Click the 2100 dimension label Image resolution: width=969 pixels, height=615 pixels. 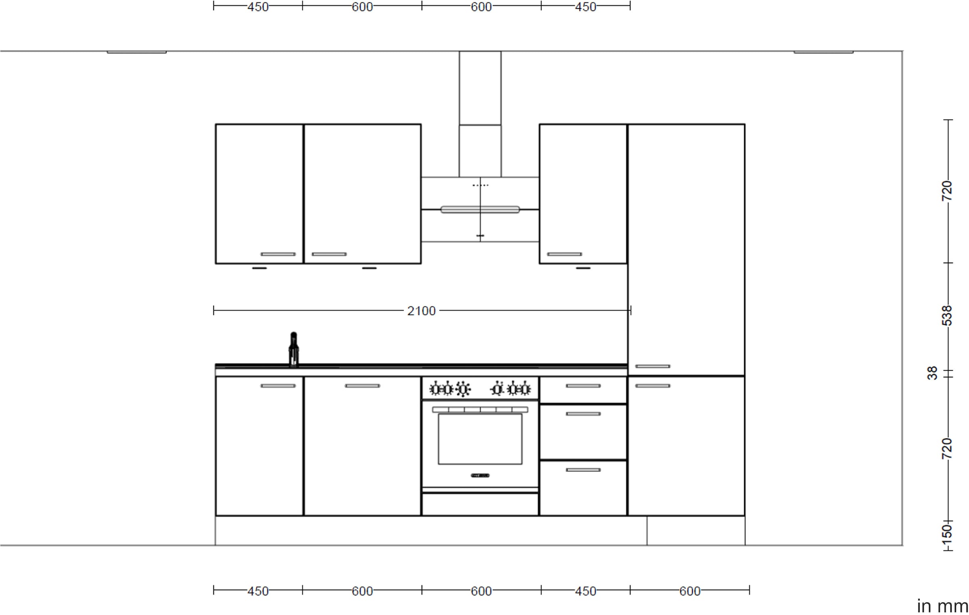(421, 311)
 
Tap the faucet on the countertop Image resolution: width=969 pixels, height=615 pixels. (294, 349)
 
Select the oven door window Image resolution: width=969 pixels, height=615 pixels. (480, 439)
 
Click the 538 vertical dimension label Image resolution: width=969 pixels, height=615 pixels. (947, 316)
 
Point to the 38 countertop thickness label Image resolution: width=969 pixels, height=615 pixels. (932, 373)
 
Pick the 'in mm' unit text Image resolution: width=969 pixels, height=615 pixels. (942, 606)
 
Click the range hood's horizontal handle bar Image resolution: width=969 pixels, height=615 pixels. (480, 210)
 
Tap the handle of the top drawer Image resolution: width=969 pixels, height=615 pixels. (583, 386)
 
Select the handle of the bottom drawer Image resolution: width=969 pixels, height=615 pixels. (583, 470)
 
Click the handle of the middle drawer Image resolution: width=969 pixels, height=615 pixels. (583, 414)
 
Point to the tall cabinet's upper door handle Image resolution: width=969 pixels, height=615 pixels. (652, 367)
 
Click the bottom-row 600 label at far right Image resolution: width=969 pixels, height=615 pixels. (690, 591)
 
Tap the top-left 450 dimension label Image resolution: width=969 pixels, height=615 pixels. (258, 7)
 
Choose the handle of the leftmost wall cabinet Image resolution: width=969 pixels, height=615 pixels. (278, 254)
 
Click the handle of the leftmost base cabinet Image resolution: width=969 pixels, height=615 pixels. (278, 386)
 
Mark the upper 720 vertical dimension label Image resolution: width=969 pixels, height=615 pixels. (947, 191)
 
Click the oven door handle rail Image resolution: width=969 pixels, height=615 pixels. (480, 410)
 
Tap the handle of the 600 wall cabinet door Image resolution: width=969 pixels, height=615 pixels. (329, 254)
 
